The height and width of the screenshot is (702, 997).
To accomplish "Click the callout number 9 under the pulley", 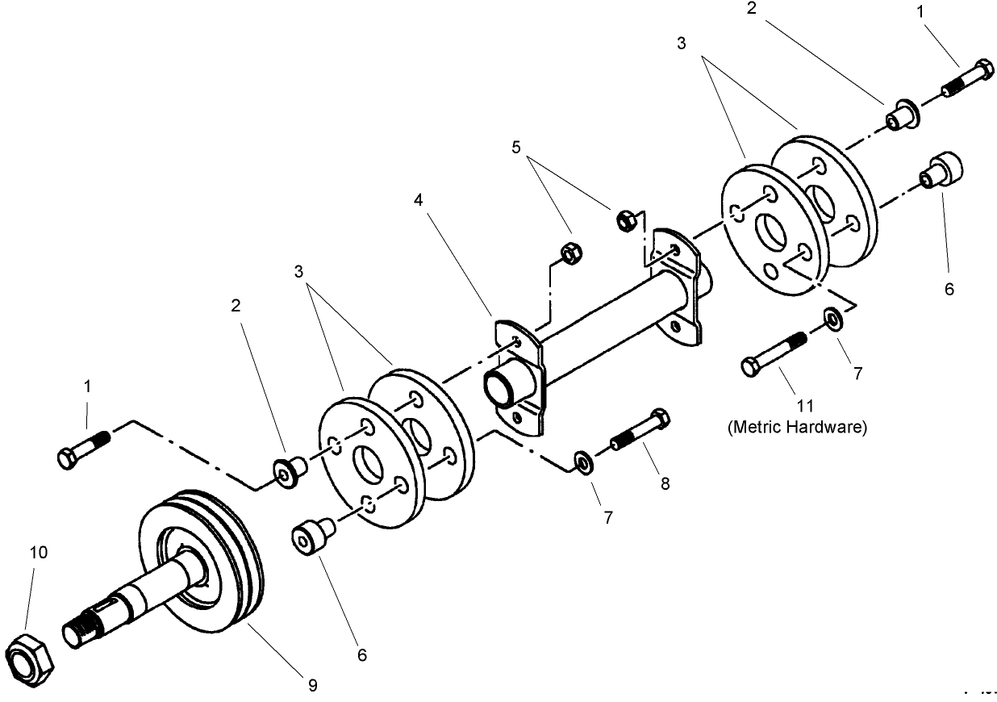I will [311, 685].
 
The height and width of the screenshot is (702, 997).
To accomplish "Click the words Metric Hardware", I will [797, 428].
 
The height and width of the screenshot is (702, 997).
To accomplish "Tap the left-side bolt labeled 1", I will [82, 449].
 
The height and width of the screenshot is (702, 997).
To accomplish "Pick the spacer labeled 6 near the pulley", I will [311, 537].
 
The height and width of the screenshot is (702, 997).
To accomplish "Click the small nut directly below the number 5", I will [569, 253].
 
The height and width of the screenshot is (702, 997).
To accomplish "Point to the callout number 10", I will [39, 552].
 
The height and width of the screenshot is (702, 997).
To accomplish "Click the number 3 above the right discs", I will [682, 44].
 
